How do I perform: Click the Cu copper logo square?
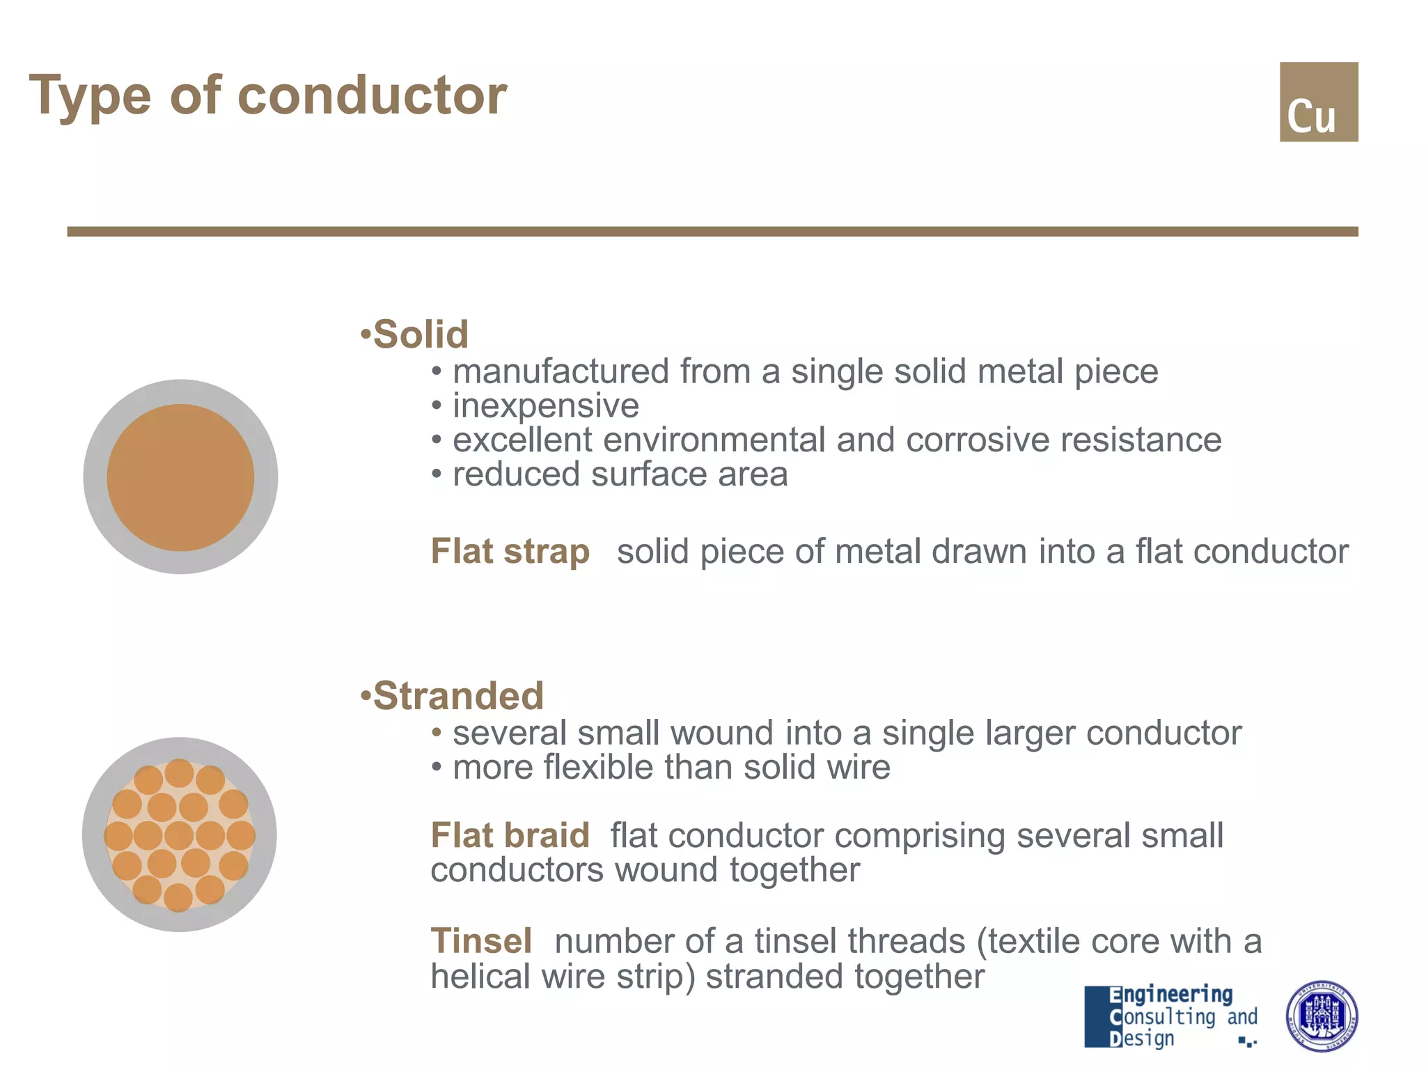point(1318,102)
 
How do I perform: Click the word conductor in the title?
point(372,95)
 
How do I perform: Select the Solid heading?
point(421,334)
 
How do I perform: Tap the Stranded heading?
point(457,696)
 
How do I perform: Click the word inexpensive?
point(545,406)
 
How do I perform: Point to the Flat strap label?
point(510,552)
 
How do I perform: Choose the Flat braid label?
point(510,835)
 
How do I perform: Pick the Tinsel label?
point(481,941)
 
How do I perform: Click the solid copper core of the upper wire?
point(180,477)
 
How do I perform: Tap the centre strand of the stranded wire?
point(179,835)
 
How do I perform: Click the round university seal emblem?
point(1321,1016)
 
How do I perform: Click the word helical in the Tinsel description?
point(480,977)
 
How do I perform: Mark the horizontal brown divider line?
point(712,231)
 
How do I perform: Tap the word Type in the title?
point(90,95)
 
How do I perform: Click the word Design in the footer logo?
point(1142,1038)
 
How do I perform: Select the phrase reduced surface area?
point(620,475)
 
